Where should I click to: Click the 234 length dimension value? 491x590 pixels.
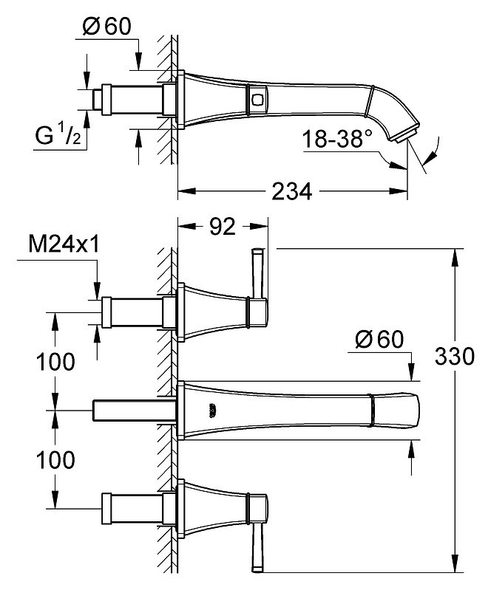point(291,191)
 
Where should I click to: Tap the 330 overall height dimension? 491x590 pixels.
point(455,356)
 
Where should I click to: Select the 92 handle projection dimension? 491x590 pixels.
point(223,227)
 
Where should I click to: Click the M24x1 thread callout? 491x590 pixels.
point(64,244)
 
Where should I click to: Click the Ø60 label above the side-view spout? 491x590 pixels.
point(107,27)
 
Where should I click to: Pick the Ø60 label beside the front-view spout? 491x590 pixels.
point(379,339)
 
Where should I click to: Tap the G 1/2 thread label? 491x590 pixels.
point(58,135)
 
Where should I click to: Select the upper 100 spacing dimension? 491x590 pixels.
point(55,362)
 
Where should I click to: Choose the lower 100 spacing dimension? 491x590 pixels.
point(55,460)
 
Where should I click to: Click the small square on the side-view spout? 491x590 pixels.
point(257,100)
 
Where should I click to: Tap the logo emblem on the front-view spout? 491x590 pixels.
point(213,410)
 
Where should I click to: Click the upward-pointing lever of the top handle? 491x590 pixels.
point(259,272)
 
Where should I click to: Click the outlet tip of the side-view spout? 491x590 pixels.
point(407,134)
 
